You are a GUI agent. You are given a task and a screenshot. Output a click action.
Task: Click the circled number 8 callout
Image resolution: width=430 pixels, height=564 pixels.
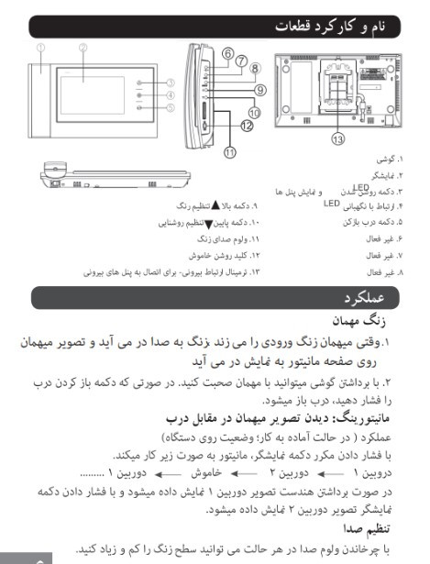point(256,68)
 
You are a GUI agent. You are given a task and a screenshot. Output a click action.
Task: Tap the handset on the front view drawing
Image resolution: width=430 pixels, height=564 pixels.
point(41,95)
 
